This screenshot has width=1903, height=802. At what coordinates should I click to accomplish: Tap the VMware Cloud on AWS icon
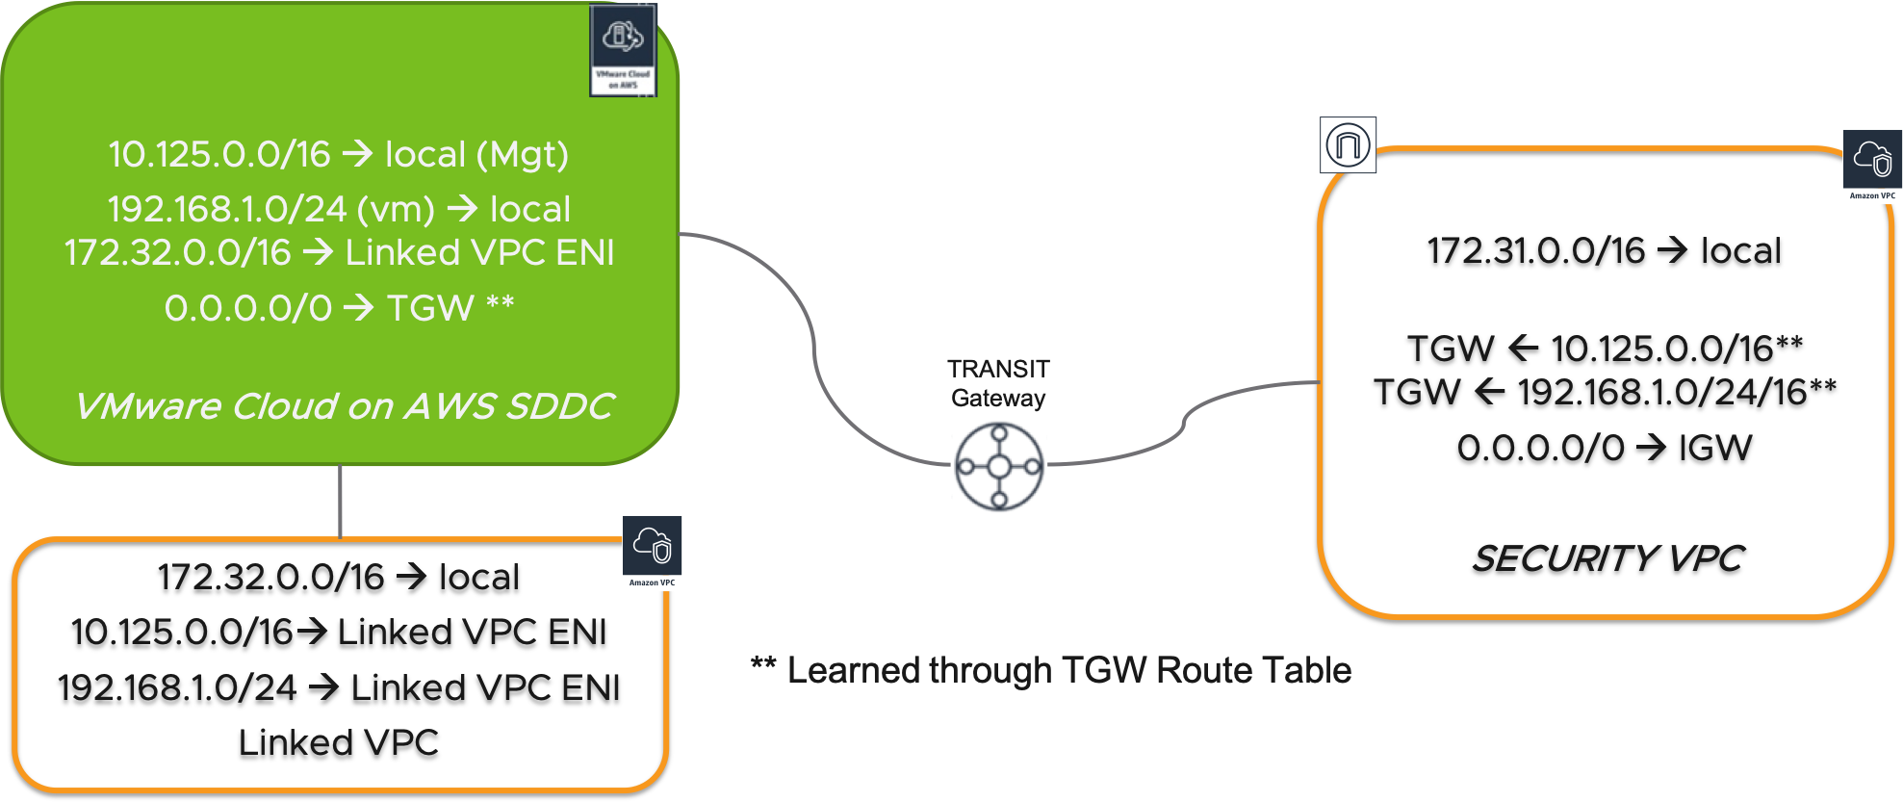coord(623,50)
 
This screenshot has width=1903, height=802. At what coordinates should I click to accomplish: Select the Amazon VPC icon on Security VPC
coord(1872,166)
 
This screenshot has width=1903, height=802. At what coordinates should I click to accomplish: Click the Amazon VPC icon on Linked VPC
coord(653,553)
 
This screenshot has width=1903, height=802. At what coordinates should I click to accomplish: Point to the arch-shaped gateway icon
coord(1348,145)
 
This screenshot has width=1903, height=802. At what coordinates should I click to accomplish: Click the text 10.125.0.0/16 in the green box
coord(219,154)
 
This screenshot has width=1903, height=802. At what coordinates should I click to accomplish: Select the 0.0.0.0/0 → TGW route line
coord(339,308)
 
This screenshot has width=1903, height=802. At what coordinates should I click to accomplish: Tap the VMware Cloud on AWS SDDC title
coord(344,406)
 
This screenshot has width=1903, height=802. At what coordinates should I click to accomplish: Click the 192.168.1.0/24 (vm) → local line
coord(339,209)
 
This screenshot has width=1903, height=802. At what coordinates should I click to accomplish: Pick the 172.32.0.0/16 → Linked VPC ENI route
coord(339,252)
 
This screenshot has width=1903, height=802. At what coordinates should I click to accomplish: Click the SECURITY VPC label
coord(1607,558)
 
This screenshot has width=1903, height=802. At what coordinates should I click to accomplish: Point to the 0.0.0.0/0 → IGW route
coord(1604,448)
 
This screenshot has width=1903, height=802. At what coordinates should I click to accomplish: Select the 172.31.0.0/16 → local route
coord(1604,250)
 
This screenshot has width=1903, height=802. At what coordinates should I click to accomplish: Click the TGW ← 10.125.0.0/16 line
coord(1604,348)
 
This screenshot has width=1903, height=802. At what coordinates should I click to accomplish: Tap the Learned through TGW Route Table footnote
coord(1051,670)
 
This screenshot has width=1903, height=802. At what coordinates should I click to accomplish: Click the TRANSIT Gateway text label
coord(998,383)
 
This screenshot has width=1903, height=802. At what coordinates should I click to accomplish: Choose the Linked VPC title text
coord(339,742)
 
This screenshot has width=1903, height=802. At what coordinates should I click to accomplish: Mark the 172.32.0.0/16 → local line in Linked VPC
coord(339,577)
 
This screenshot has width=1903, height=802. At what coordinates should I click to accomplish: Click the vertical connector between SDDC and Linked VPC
coord(341,501)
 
